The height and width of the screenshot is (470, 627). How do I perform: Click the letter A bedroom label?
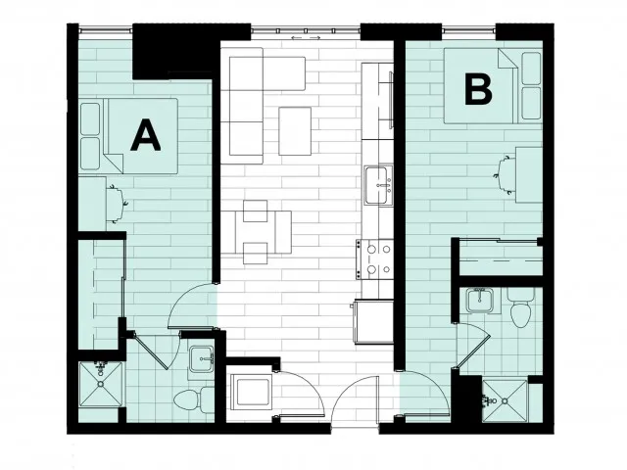(145, 134)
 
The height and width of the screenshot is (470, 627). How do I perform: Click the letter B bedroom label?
(477, 90)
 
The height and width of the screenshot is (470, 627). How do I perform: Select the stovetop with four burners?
(378, 258)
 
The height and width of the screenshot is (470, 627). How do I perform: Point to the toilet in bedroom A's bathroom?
(206, 398)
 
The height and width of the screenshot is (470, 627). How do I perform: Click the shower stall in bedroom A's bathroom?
(99, 390)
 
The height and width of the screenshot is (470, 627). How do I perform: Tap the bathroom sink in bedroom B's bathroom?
(481, 299)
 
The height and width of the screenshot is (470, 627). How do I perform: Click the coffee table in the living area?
(294, 130)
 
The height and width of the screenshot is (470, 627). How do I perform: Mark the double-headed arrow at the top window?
(305, 38)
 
